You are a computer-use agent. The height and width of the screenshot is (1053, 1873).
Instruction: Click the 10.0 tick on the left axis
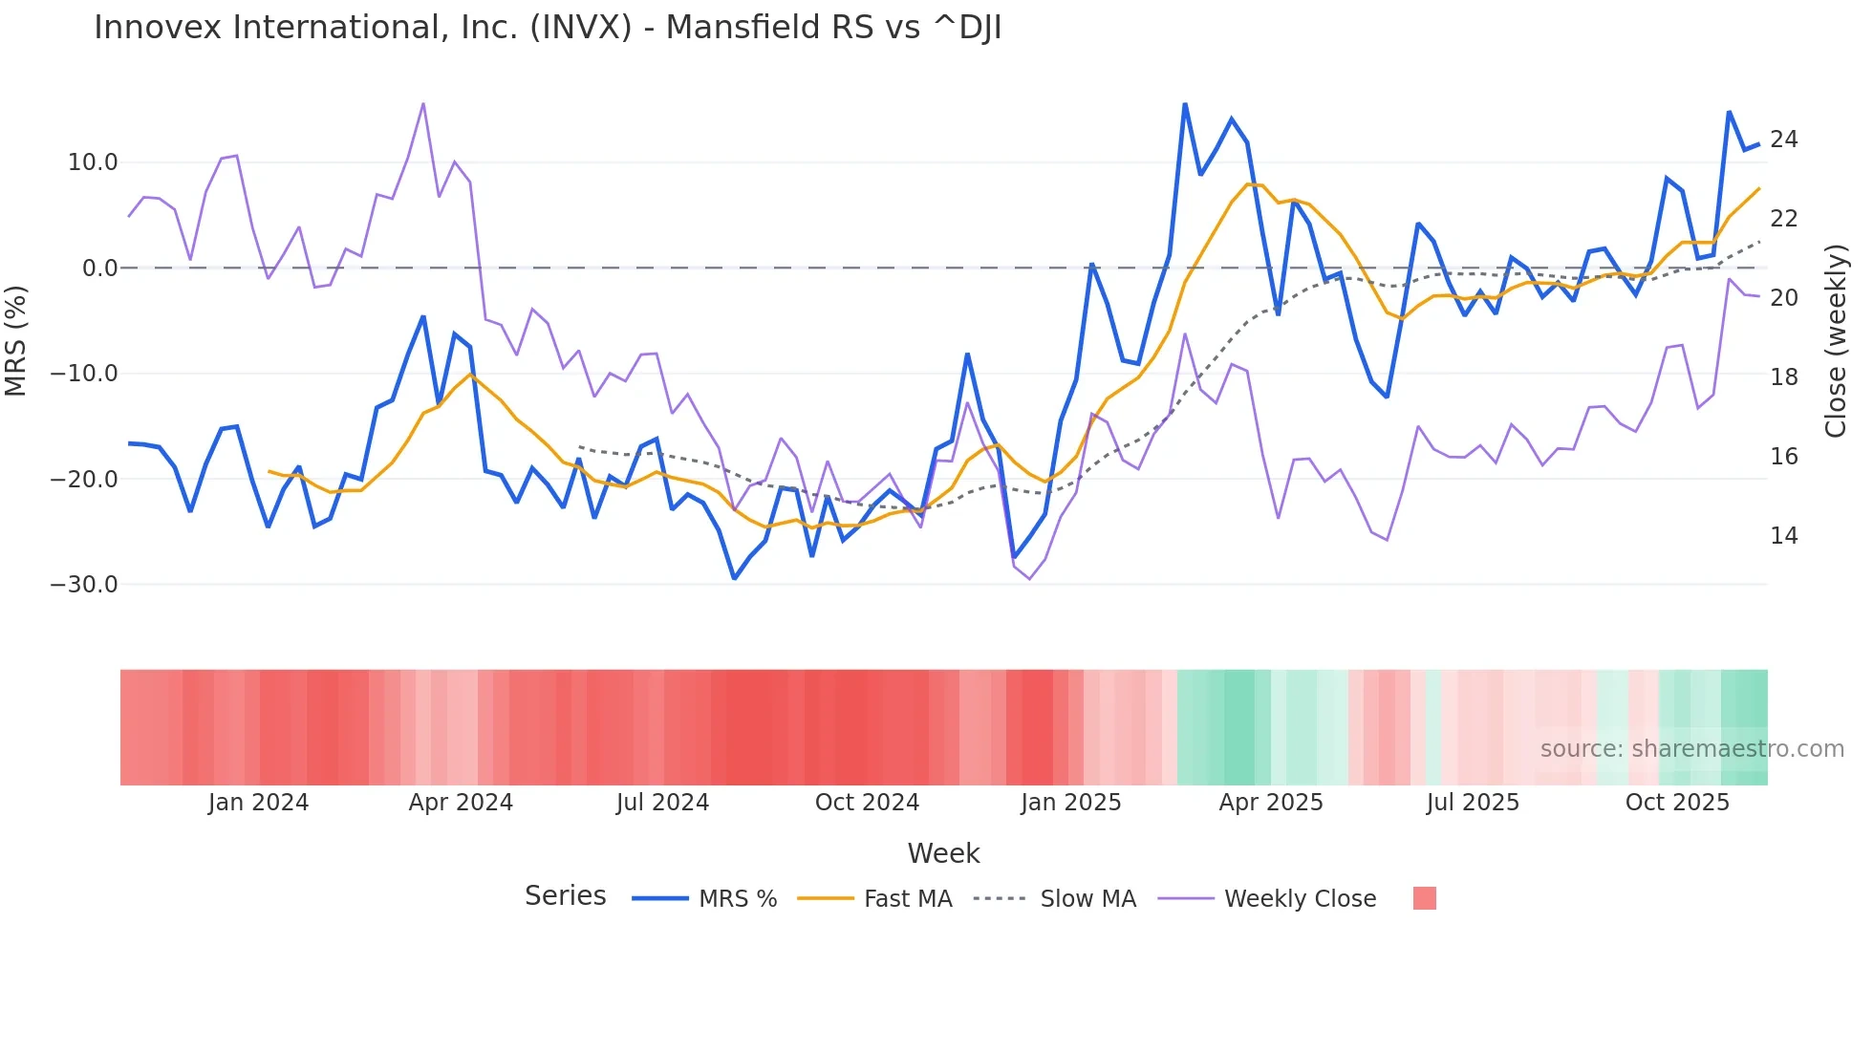click(93, 162)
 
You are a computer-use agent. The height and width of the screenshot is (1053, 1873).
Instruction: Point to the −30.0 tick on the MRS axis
click(84, 584)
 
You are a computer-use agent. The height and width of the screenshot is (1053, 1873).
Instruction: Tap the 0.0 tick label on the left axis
click(99, 269)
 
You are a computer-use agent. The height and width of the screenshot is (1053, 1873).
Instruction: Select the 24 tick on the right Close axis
click(1783, 140)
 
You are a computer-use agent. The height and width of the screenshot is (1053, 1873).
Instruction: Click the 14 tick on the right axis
click(1783, 536)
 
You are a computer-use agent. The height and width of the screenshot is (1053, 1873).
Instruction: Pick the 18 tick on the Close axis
click(1783, 377)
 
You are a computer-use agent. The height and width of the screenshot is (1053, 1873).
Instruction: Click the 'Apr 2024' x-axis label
click(461, 803)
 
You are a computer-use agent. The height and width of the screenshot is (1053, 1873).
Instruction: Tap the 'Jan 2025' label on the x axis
click(1070, 803)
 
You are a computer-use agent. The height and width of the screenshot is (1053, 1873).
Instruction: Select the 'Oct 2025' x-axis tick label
click(1677, 803)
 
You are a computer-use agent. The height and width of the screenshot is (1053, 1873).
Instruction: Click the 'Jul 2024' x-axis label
click(662, 803)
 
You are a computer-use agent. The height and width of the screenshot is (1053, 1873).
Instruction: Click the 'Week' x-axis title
click(943, 853)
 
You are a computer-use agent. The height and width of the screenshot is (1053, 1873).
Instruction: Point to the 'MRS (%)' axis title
click(16, 340)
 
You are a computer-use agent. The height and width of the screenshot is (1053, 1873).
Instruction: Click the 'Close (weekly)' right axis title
click(1835, 341)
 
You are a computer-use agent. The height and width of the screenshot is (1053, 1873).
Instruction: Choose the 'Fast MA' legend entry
click(907, 899)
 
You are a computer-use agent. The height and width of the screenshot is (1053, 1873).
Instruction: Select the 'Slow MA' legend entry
click(1087, 899)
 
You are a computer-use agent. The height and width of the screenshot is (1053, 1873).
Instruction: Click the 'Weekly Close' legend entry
click(1300, 899)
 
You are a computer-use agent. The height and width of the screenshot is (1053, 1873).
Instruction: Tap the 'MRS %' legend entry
click(737, 899)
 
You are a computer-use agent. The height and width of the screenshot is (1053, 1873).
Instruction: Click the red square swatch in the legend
click(1424, 898)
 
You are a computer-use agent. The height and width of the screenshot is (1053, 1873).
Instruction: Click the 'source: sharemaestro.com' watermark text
click(1691, 749)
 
